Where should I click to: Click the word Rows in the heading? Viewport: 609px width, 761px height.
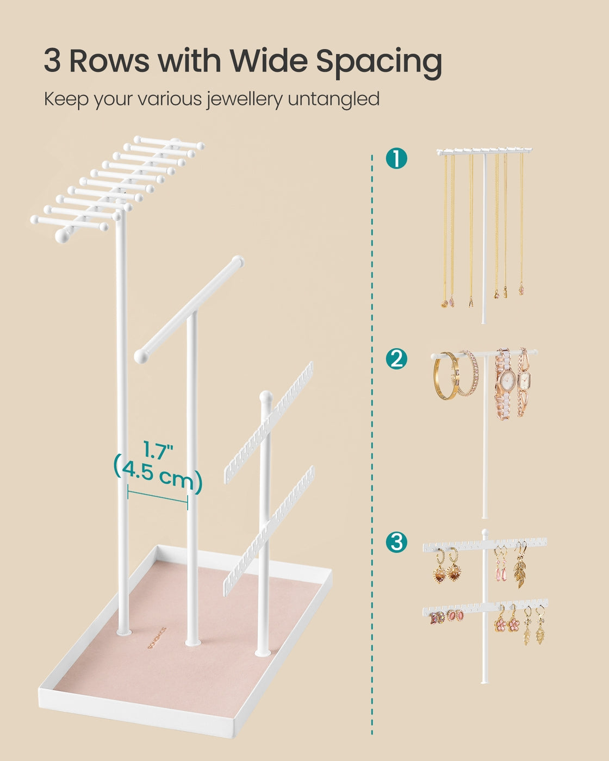point(109,60)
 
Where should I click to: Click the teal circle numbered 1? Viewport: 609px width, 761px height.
point(396,159)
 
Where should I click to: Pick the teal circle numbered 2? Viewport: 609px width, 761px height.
point(396,359)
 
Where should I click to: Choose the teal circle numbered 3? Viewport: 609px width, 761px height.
point(396,542)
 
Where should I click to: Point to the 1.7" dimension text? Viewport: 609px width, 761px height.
point(158,450)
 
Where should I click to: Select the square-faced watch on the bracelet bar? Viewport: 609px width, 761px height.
point(525,379)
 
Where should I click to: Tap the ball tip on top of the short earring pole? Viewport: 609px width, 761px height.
point(265,396)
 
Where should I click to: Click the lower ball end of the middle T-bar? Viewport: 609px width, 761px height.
point(141,357)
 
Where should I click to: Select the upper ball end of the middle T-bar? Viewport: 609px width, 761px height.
point(237,261)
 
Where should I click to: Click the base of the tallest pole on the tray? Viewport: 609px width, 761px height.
point(125,631)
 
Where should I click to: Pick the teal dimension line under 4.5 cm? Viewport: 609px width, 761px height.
point(158,498)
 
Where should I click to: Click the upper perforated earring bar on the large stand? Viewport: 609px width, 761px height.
point(269,423)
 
